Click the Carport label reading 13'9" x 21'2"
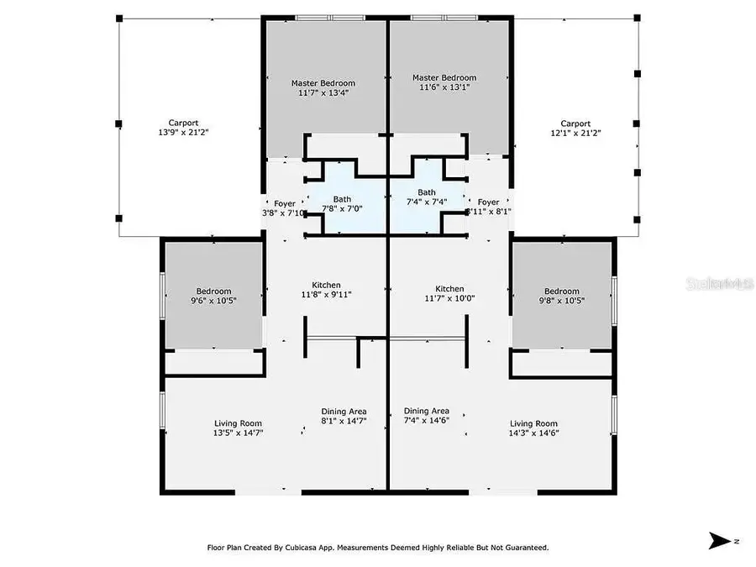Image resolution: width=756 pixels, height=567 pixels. (x=181, y=127)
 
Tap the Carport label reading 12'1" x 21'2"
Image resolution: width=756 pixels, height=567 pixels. (x=575, y=128)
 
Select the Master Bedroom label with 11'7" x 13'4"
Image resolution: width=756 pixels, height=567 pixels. (x=323, y=88)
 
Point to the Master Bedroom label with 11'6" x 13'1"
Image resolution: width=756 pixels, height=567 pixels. (x=449, y=82)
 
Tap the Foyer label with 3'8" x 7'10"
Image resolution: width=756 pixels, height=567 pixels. (x=285, y=208)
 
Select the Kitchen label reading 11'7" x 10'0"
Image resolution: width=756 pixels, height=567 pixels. (x=444, y=293)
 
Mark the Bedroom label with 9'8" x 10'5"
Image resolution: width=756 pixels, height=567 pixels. (x=561, y=296)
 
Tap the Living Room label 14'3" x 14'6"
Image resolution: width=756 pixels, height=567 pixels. (x=534, y=428)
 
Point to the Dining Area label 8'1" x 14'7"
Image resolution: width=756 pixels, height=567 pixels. (x=344, y=416)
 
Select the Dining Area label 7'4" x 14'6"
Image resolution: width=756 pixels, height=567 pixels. (x=426, y=416)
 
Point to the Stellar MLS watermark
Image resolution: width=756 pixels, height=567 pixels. (x=732, y=284)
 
